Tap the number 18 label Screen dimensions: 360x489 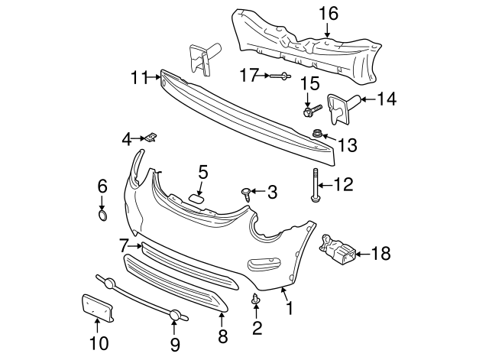coord(380,253)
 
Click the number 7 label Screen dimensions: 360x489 coord(124,245)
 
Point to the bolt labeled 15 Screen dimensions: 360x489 coord(308,112)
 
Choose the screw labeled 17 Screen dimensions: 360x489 coord(277,76)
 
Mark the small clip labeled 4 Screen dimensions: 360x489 coord(153,138)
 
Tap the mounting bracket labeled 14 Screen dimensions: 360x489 coord(339,106)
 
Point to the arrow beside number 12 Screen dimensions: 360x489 coord(324,184)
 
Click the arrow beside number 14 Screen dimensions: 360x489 coord(366,98)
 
